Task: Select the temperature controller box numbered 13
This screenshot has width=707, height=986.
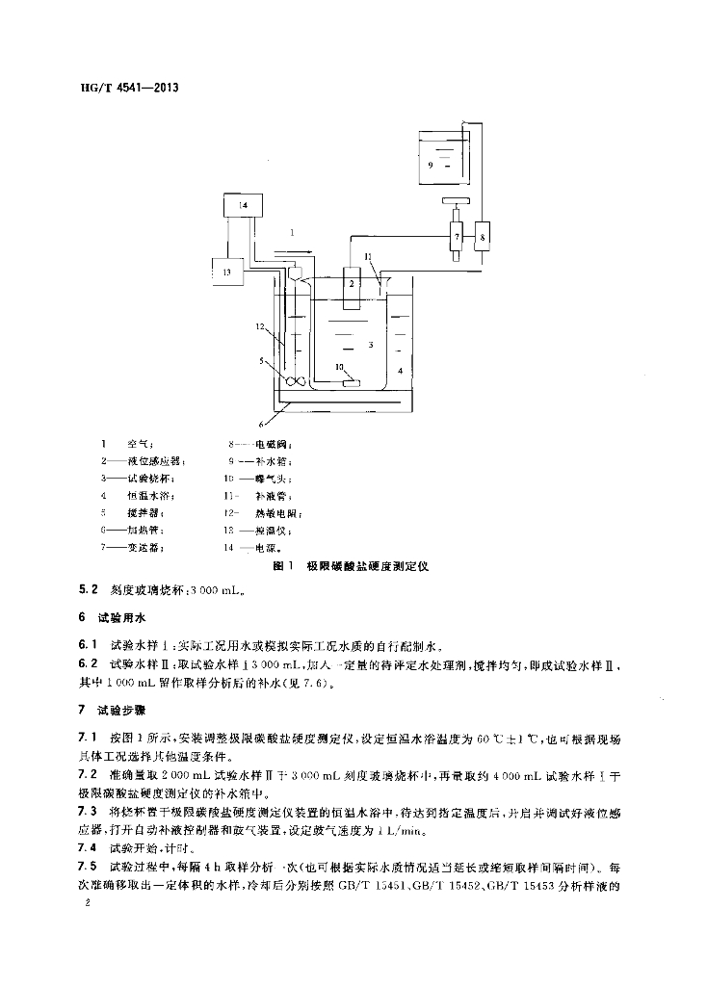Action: click(x=227, y=272)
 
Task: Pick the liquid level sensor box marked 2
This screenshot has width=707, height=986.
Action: click(x=353, y=287)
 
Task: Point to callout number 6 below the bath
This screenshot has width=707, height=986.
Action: click(x=259, y=423)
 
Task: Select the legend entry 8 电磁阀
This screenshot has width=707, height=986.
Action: click(x=261, y=444)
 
